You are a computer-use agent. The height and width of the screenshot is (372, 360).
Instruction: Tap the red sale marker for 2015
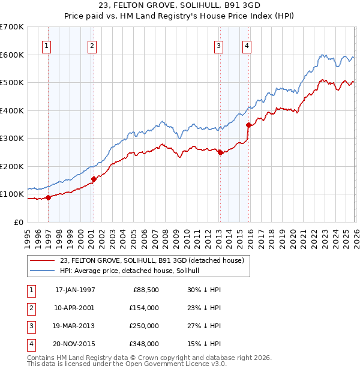pos(248,125)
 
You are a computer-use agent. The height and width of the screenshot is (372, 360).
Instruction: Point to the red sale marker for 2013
pos(220,152)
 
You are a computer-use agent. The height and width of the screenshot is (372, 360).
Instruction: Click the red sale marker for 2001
pos(94,179)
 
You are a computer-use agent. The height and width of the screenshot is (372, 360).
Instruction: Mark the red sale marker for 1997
pos(49,197)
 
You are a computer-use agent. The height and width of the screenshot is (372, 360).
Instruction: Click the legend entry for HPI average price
pos(133,271)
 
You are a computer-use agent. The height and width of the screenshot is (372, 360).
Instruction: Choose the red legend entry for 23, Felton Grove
pos(151,261)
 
